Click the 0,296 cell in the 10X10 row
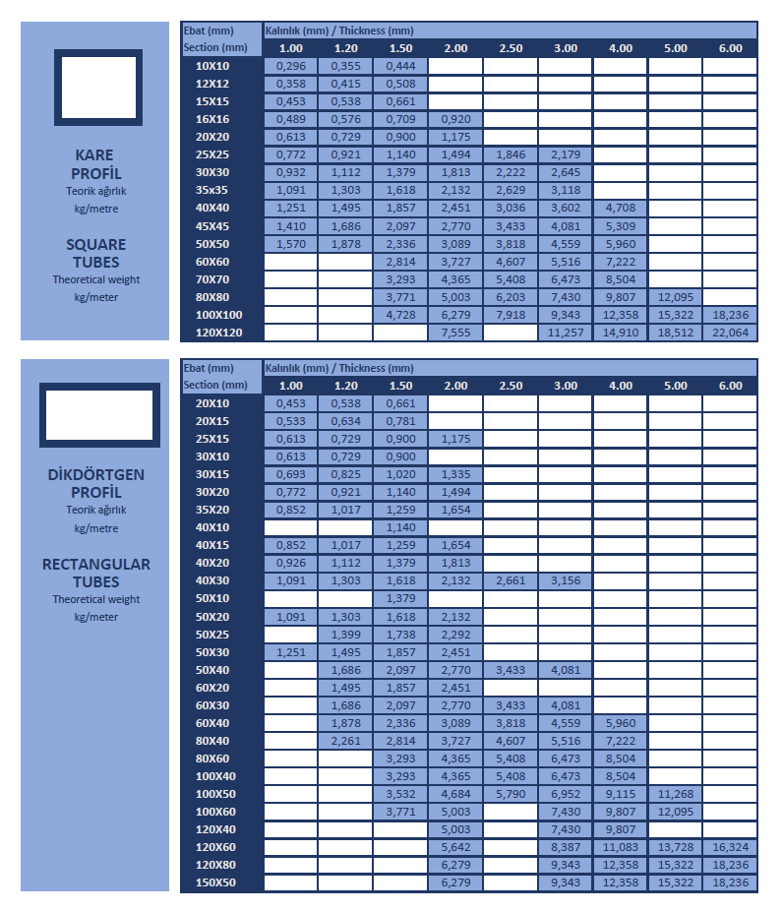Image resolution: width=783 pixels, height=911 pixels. [x=290, y=66]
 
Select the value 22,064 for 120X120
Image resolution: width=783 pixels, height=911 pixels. [x=730, y=333]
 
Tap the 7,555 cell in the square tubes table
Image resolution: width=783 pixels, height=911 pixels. [x=455, y=333]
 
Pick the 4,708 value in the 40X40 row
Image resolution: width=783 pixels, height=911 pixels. [x=620, y=208]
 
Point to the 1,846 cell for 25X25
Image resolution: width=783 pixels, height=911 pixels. [x=511, y=154]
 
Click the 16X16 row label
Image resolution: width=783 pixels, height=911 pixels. [x=212, y=119]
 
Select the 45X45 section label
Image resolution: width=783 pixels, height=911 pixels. [x=212, y=226]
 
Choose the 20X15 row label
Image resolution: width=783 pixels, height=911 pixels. [x=212, y=421]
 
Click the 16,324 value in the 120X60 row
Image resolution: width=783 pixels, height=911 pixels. [x=730, y=847]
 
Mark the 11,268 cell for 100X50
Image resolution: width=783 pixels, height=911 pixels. [x=675, y=794]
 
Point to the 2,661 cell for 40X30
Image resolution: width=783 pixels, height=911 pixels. [x=511, y=580]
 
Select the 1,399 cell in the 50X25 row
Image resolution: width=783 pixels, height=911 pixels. [x=345, y=634]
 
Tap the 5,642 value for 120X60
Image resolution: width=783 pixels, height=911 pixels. [x=455, y=847]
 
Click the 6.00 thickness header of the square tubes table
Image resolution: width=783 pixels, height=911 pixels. [x=730, y=48]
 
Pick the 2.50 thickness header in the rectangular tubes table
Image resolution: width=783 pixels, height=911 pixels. [x=511, y=386]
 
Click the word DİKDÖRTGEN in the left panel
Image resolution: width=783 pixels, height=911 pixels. [x=96, y=474]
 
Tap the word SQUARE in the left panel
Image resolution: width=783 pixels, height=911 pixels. [x=96, y=244]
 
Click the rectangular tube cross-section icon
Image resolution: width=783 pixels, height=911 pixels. [x=99, y=415]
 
